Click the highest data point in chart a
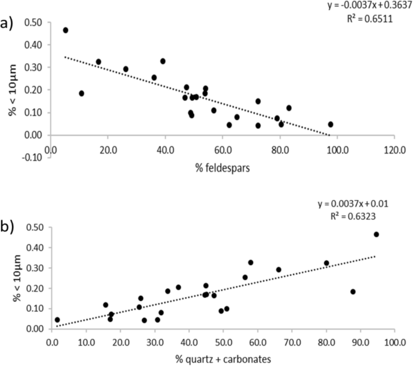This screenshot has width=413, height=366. click(66, 30)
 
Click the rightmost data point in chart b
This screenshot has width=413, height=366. click(376, 234)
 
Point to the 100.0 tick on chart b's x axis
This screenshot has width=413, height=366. click(395, 341)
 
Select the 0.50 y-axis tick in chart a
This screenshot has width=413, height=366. click(34, 22)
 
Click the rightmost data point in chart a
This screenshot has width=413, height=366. click(330, 124)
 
